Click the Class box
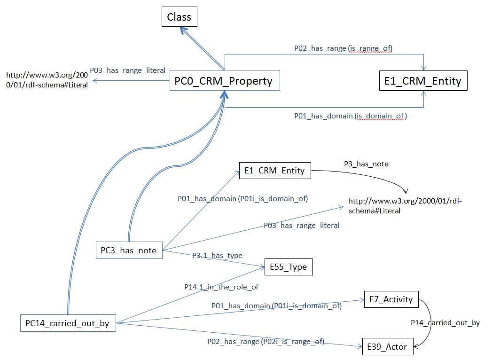coord(179,17)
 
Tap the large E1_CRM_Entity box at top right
coord(423,81)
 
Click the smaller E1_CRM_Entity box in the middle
coord(274,171)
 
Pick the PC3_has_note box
coord(128,250)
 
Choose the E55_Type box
coord(288,267)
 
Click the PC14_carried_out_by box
coord(68,323)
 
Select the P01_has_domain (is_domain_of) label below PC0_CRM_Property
coord(350,116)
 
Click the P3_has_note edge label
coord(366,164)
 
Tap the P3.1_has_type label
coord(217,255)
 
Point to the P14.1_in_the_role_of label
coord(221,286)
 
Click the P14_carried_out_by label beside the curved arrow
coord(445,323)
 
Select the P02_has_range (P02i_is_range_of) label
coord(266,342)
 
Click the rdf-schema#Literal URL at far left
coord(47,80)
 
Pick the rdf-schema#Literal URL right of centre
coord(406,206)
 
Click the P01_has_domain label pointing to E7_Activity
coord(276,306)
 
